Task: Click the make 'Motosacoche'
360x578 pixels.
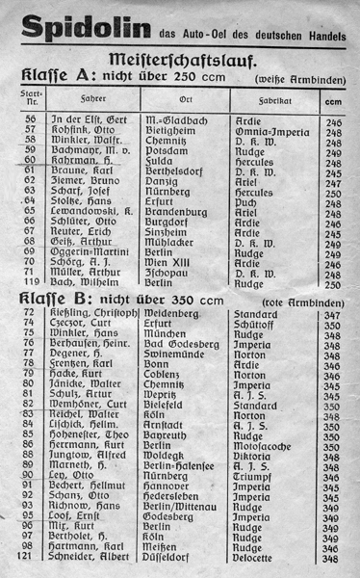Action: (269, 446)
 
